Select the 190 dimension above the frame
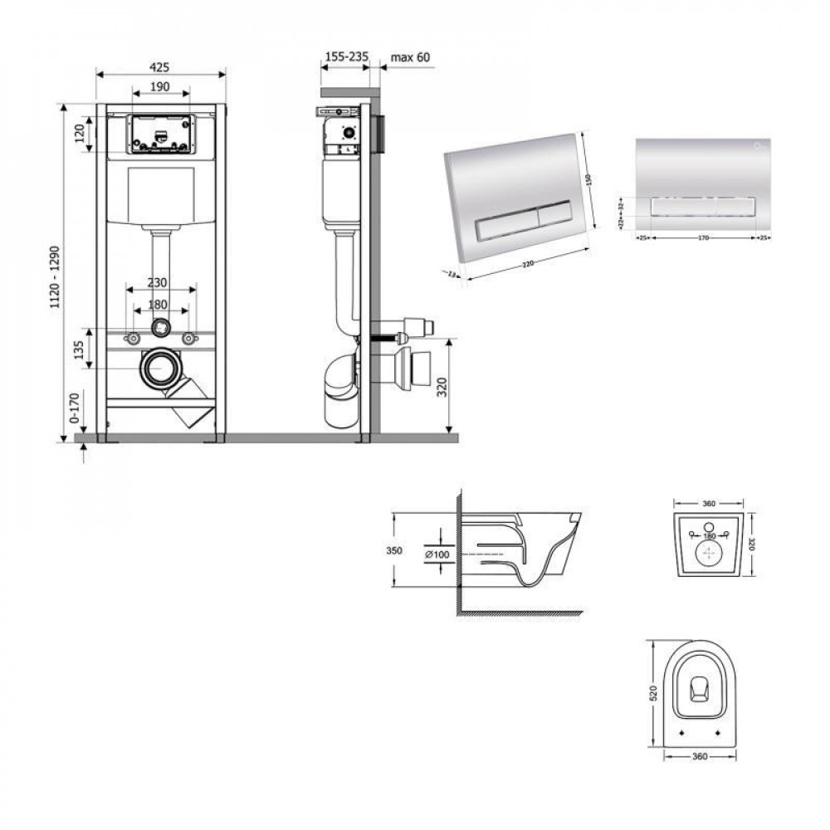pyautogui.click(x=160, y=86)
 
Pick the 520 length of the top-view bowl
pyautogui.click(x=652, y=693)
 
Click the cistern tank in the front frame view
pyautogui.click(x=160, y=195)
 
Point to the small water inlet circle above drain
pyautogui.click(x=159, y=327)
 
